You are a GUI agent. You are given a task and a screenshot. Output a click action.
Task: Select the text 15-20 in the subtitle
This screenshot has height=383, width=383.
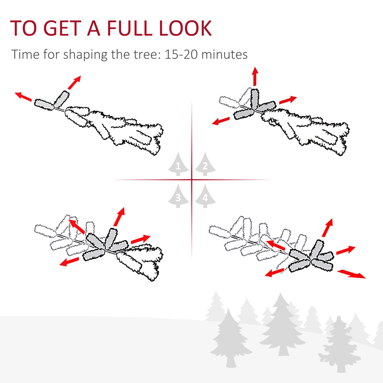181,55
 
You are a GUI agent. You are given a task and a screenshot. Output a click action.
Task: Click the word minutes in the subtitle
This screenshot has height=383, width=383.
224,55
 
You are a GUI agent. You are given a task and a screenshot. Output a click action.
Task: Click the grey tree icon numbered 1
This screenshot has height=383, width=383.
178,164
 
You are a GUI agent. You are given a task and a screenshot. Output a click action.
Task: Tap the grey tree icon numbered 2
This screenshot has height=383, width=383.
205,164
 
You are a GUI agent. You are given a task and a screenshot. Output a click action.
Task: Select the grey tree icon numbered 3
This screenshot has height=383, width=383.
178,196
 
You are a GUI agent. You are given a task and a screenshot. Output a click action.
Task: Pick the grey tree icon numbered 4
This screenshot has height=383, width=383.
205,196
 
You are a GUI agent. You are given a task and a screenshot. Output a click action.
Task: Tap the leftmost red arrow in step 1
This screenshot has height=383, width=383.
23,96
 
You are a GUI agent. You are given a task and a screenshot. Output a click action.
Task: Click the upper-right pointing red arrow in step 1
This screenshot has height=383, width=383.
74,82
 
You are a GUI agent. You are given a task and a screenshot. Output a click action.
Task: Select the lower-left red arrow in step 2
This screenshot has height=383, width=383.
221,121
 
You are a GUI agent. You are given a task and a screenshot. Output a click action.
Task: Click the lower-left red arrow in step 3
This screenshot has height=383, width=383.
69,262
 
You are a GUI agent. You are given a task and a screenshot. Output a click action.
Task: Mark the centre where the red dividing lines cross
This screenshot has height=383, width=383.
192,180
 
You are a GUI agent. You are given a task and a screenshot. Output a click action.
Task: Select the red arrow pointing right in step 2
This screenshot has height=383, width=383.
288,100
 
